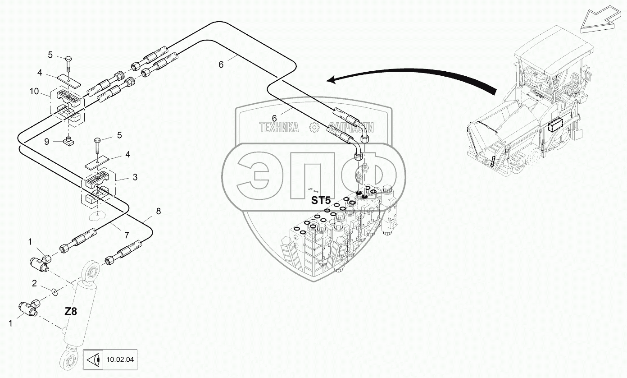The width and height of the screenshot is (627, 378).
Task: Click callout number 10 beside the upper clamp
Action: (x=34, y=92)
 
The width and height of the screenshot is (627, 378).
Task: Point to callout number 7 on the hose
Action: (x=127, y=235)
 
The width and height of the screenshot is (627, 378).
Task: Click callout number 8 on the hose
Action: (x=158, y=211)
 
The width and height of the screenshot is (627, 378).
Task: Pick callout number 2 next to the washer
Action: (x=34, y=284)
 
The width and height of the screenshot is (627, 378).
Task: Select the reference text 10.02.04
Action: (x=120, y=360)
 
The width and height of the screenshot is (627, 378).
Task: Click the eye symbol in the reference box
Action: (x=93, y=360)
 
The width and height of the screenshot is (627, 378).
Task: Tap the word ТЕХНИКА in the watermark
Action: (x=279, y=128)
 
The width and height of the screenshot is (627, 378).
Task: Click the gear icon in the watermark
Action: (x=314, y=128)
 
